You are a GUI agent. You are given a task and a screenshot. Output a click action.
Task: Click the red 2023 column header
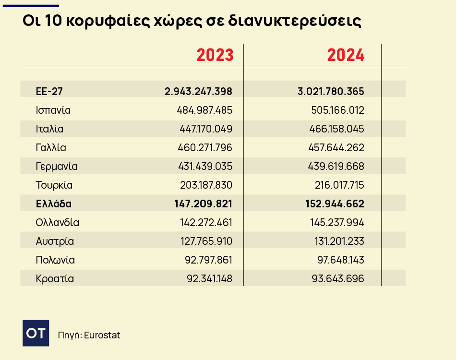click(x=215, y=55)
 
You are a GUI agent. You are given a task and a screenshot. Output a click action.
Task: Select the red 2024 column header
click(x=346, y=55)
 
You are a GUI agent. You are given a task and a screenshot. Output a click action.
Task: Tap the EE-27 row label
click(x=49, y=91)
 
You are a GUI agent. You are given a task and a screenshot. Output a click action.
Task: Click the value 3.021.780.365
click(x=331, y=91)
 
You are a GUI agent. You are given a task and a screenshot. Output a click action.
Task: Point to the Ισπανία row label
click(x=53, y=110)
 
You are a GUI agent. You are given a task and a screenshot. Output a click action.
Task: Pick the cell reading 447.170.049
click(x=205, y=129)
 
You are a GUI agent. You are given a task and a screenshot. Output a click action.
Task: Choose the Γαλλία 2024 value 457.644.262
click(x=336, y=147)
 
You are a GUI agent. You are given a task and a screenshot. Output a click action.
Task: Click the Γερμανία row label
click(x=57, y=166)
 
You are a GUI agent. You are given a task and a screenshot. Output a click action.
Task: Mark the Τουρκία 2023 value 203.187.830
click(x=205, y=185)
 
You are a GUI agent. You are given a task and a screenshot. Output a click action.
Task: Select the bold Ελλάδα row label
click(x=54, y=204)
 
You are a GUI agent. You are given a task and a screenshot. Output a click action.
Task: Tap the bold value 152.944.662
click(x=335, y=204)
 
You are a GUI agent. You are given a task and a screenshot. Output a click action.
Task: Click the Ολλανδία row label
click(x=58, y=222)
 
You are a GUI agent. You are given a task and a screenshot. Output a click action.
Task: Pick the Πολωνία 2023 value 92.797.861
click(x=208, y=260)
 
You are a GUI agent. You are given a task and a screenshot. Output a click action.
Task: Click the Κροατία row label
click(x=55, y=278)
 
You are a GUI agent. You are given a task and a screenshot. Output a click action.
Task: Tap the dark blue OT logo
click(x=36, y=333)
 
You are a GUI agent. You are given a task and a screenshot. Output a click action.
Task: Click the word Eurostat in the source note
click(x=102, y=335)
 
